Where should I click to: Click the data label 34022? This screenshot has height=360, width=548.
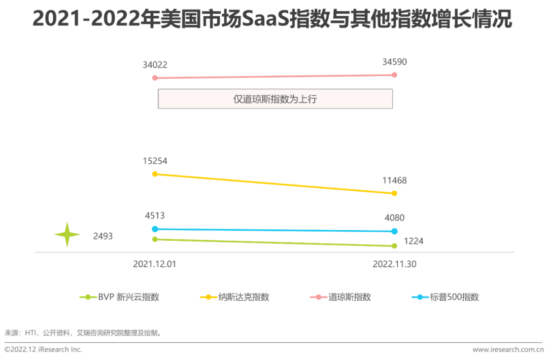[155, 65]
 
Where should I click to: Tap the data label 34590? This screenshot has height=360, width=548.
[394, 62]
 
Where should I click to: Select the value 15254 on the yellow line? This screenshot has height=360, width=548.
[155, 161]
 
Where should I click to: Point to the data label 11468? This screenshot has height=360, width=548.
[394, 181]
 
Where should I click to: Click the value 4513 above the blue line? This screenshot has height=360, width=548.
[155, 216]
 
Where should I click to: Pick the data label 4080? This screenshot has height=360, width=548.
[394, 218]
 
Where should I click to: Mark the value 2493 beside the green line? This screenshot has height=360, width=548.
[102, 236]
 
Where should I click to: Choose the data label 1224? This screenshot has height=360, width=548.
[413, 241]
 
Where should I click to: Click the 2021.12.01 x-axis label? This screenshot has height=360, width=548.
[155, 264]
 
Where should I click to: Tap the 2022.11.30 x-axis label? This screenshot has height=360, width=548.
[394, 264]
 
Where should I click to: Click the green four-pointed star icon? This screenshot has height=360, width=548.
[67, 235]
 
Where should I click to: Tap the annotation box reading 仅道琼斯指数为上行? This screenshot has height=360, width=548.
[275, 99]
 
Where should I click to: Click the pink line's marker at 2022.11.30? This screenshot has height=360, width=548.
[394, 75]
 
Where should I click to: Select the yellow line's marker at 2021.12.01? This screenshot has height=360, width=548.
[155, 174]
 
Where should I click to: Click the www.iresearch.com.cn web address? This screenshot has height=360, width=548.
[507, 349]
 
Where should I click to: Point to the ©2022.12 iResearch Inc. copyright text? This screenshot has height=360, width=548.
[43, 349]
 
